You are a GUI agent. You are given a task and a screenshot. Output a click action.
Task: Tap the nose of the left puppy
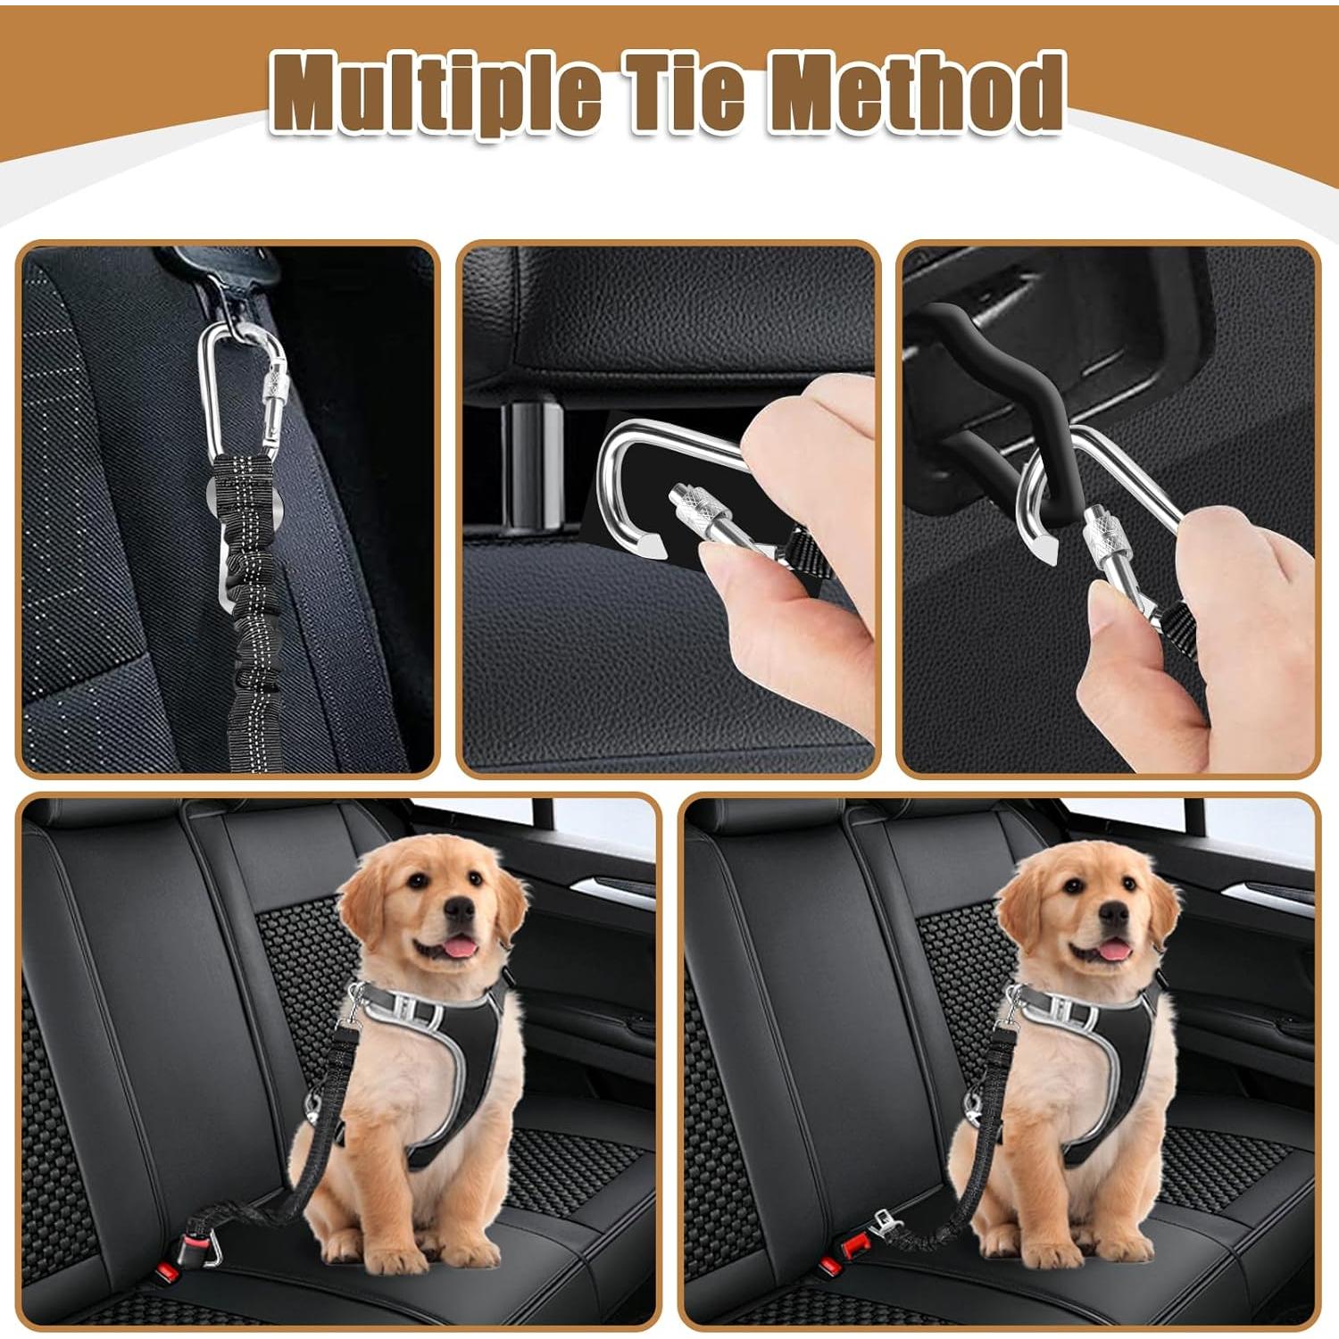click(460, 910)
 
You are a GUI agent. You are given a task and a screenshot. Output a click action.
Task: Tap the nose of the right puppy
click(1114, 912)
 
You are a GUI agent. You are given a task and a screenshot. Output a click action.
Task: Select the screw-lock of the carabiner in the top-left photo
click(271, 393)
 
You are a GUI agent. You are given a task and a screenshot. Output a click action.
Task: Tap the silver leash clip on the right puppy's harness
click(1013, 1009)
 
